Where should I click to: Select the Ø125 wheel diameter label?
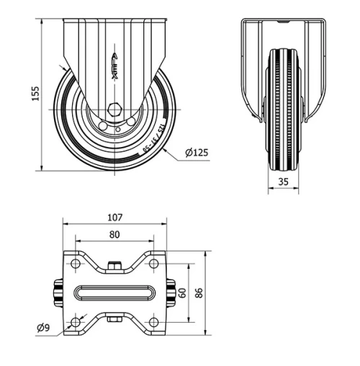(196, 152)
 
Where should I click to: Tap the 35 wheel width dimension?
(284, 183)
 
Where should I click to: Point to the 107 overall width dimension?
(115, 217)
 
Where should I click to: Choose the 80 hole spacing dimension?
(115, 233)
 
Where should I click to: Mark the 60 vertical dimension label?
(183, 293)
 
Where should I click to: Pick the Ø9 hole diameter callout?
(44, 329)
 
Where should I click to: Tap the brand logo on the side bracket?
(114, 62)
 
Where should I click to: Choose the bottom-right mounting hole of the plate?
(153, 321)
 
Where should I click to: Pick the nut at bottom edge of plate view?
(115, 319)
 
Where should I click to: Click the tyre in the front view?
(283, 108)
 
